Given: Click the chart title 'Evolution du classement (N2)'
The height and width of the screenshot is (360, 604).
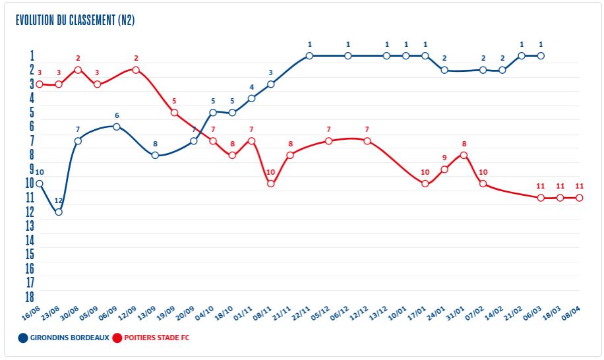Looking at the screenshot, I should [75, 20].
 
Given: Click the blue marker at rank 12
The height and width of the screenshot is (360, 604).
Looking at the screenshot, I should [59, 212].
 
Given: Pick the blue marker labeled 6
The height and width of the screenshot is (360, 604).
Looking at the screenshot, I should [117, 127].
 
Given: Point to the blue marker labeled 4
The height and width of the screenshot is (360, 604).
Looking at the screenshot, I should [251, 98].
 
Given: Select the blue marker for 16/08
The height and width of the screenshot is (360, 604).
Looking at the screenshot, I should [40, 184].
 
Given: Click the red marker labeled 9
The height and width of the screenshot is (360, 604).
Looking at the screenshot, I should [444, 169].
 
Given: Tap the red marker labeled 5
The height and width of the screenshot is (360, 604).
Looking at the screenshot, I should [175, 113].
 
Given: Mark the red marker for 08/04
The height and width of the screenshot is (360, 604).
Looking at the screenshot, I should [580, 198].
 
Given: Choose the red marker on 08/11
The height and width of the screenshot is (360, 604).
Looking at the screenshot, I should [270, 184].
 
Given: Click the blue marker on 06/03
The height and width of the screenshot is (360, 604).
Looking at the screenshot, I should [541, 56].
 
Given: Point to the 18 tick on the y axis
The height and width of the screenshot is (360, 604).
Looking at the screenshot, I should [30, 297].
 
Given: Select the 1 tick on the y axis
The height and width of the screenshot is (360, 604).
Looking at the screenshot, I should [31, 55].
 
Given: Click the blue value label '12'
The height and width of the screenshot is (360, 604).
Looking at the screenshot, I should [59, 200].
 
